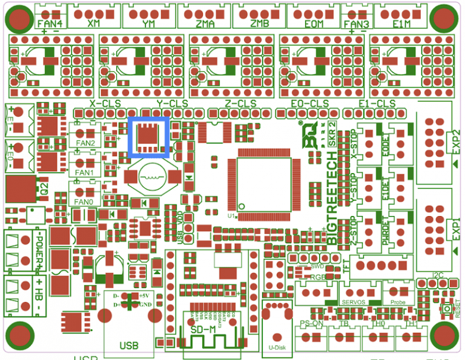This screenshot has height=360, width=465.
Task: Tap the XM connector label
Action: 93,24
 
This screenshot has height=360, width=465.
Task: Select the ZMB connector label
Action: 259,24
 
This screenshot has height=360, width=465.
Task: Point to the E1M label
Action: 401,24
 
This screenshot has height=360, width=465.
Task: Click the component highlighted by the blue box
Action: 149,137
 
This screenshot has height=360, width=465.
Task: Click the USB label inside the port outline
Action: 128,345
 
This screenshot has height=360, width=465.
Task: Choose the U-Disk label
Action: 277,348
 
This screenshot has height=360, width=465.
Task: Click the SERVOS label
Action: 354,301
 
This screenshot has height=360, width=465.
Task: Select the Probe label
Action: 398,301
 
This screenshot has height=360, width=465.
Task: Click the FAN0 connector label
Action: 84,202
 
